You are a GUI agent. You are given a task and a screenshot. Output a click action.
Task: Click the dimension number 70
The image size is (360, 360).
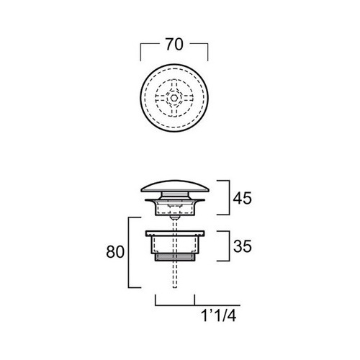click(174, 45)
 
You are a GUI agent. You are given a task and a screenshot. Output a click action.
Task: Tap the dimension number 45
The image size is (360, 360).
click(243, 198)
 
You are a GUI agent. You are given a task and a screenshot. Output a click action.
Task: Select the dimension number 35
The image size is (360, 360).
click(243, 246)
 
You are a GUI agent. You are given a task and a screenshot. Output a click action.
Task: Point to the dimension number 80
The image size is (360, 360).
click(115, 252)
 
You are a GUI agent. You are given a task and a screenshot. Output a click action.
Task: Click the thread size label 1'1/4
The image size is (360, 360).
click(218, 315)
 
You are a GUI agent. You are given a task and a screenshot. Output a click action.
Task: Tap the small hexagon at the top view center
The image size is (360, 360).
click(174, 98)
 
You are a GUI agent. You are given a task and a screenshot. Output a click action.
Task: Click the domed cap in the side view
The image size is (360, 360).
click(175, 186)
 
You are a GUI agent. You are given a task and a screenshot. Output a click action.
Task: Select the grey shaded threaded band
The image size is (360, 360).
click(175, 257)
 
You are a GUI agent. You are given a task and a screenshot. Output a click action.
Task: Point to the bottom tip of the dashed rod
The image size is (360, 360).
click(175, 287)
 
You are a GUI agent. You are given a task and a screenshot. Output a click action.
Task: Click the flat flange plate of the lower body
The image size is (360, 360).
click(175, 233)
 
